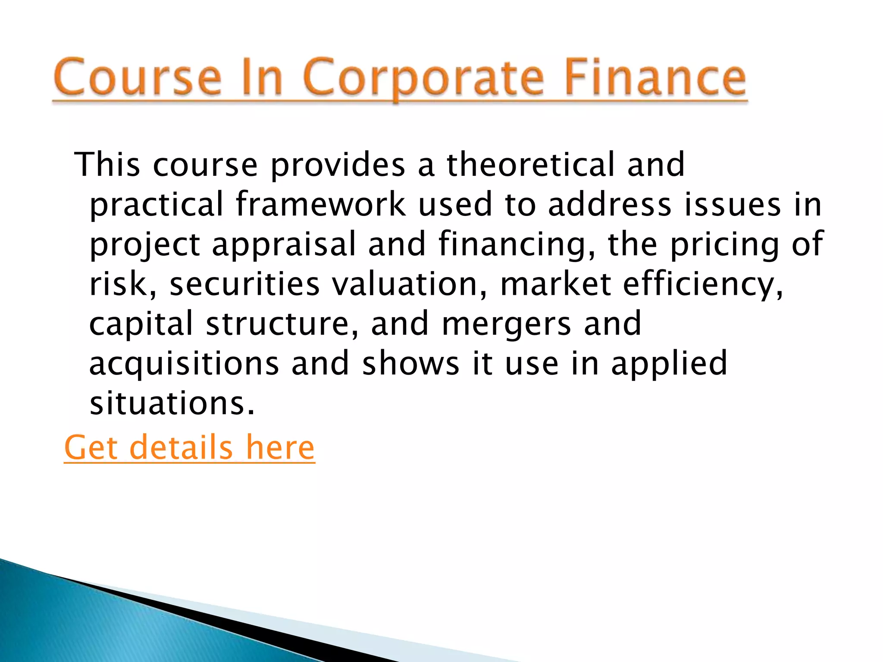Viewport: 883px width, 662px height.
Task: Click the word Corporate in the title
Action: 423,78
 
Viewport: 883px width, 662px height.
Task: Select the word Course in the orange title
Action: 138,78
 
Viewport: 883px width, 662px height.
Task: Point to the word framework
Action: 321,204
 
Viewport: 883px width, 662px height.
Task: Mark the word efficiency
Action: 703,284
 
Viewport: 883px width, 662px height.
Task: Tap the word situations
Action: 172,403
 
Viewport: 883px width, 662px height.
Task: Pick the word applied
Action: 669,364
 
